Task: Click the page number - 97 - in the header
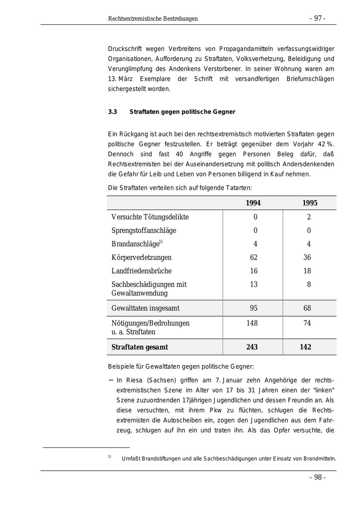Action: (x=317, y=18)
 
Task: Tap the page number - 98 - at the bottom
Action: (x=318, y=477)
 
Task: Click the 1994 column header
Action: (x=253, y=203)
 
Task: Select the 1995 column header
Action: (x=310, y=203)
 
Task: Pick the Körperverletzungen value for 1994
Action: (x=254, y=257)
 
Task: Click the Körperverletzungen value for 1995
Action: (x=307, y=257)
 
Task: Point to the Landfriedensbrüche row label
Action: (x=142, y=271)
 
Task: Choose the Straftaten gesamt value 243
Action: (x=252, y=347)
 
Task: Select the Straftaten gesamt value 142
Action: (x=306, y=347)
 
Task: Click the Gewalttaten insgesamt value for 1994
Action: (x=254, y=308)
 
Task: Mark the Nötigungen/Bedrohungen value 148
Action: (x=252, y=323)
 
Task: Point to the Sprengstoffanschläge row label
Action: (x=144, y=231)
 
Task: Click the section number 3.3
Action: (x=112, y=112)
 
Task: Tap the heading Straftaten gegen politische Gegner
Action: (x=182, y=112)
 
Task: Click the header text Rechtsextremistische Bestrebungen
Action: (x=153, y=19)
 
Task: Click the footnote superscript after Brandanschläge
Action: (x=161, y=242)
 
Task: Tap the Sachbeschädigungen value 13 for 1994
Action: (x=254, y=285)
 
